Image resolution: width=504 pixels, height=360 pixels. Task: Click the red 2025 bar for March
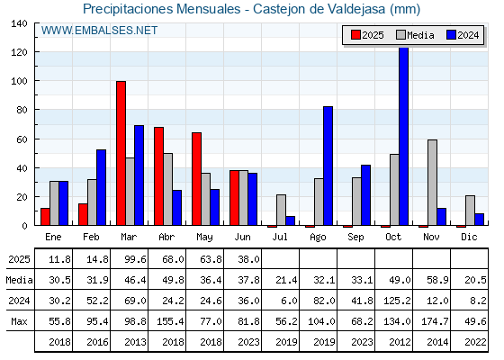point(121,153)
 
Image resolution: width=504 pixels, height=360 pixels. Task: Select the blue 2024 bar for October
point(404,136)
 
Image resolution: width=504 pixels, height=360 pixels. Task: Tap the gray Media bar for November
point(432,182)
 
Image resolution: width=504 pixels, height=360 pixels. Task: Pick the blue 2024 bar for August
point(328,166)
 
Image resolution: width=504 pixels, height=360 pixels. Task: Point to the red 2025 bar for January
point(45,217)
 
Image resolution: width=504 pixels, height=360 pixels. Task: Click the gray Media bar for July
point(281,210)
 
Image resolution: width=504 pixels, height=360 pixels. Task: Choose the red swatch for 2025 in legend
point(355,35)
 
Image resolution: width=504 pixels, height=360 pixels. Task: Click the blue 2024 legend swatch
point(451,35)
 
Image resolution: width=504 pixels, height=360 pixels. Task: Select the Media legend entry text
point(420,35)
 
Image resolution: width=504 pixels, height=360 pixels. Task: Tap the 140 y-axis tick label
point(20,23)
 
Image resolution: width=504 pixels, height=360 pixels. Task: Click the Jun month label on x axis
point(242,238)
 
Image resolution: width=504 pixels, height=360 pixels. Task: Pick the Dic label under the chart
point(469,237)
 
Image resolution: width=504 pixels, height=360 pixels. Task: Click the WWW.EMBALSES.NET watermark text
point(99,31)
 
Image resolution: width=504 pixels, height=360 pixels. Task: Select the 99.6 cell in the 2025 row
point(135,259)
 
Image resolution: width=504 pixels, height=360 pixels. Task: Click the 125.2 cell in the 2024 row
point(397,301)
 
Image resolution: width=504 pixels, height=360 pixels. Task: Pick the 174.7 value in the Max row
point(435,321)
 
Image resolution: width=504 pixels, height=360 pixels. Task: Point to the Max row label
point(19,321)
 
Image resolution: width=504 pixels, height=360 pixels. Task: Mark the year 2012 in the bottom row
point(400,342)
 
